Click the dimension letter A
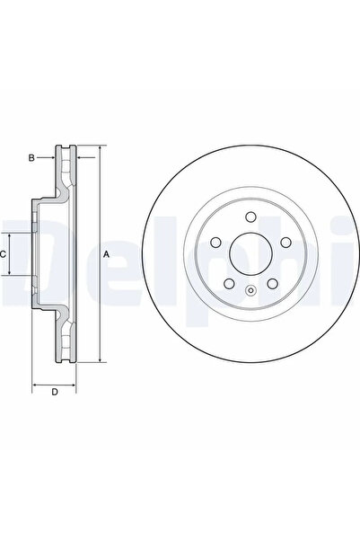pyautogui.click(x=107, y=255)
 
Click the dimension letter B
pyautogui.click(x=31, y=159)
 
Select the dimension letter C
pyautogui.click(x=4, y=255)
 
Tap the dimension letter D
pyautogui.click(x=54, y=391)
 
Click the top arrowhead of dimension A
pyautogui.click(x=99, y=146)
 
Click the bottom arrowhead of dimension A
pyautogui.click(x=99, y=364)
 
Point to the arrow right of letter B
pyautogui.click(x=53, y=159)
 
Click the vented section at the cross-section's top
pyautogui.click(x=70, y=166)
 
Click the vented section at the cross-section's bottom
pyautogui.click(x=70, y=346)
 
